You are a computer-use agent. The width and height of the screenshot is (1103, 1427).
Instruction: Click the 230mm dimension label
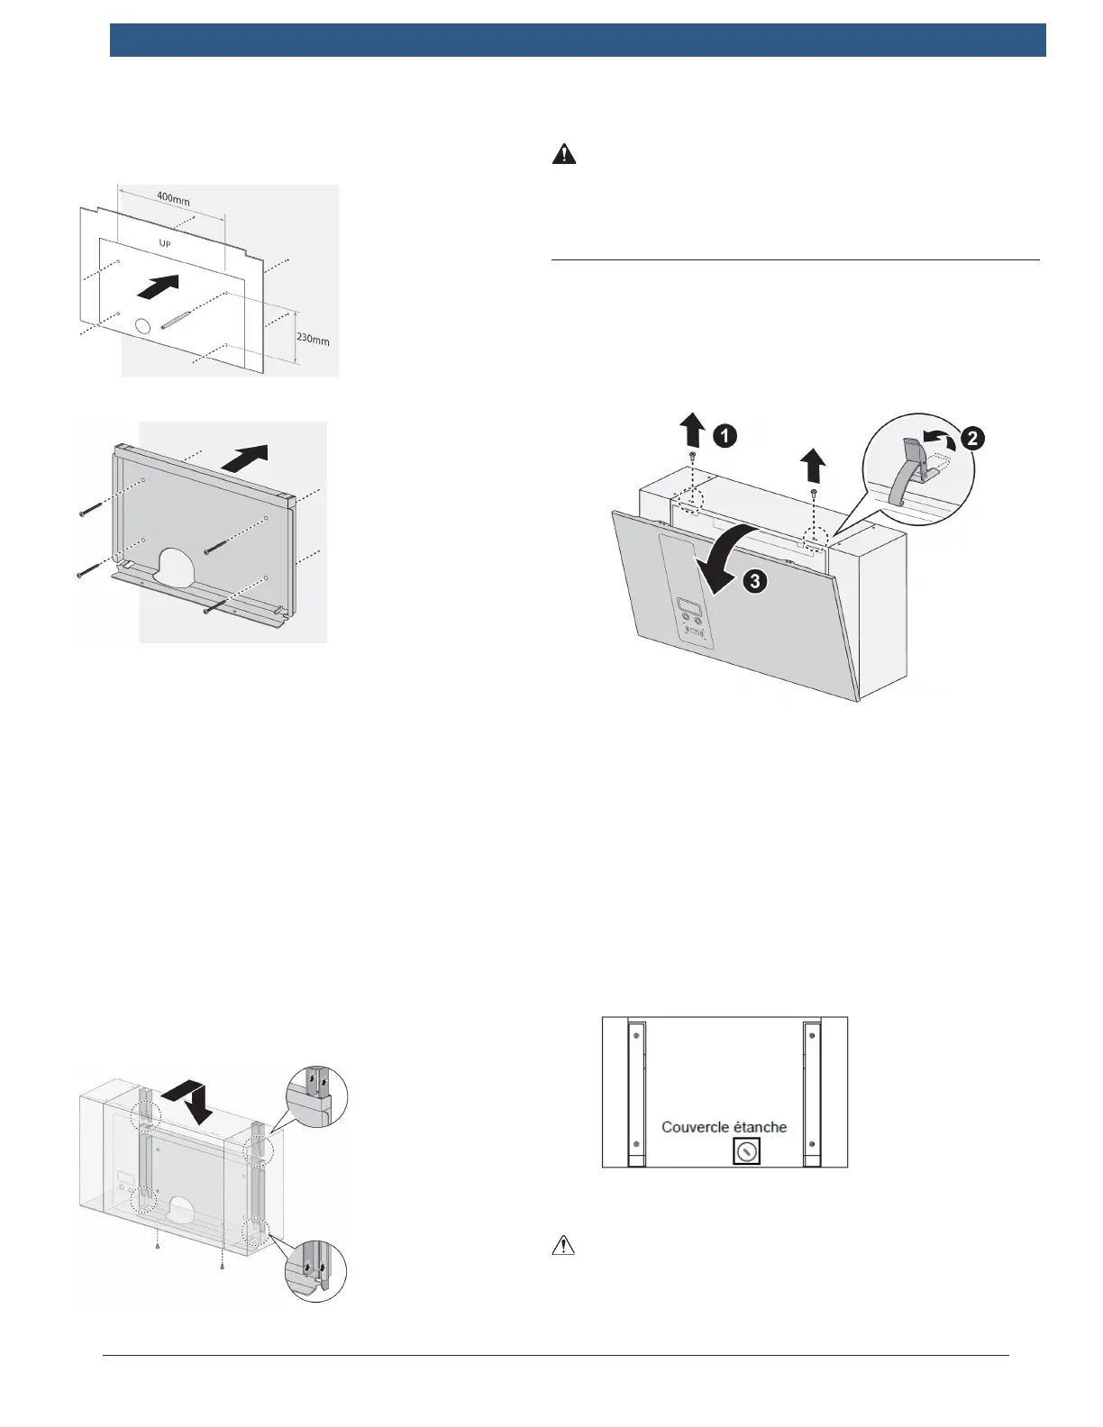point(314,339)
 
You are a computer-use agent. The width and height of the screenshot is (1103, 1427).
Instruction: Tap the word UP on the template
point(166,244)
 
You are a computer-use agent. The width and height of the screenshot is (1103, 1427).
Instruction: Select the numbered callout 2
point(972,439)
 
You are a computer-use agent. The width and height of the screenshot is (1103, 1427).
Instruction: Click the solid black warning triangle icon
point(563,154)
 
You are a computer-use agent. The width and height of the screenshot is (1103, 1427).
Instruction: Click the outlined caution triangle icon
point(563,1245)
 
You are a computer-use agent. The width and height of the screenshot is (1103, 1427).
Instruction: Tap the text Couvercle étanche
point(724,1127)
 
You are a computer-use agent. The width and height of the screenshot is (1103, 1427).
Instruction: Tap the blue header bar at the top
point(578,41)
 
